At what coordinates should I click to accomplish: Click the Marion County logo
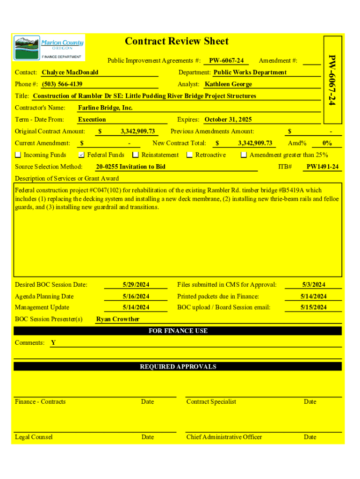click(49, 47)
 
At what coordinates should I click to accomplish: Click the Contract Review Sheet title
click(177, 41)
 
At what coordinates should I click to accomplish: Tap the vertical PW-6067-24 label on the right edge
click(331, 80)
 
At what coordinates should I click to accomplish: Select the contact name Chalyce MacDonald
click(70, 73)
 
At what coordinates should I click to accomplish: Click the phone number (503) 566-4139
click(62, 84)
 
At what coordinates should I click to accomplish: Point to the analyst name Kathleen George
click(228, 84)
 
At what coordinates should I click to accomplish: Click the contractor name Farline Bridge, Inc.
click(106, 108)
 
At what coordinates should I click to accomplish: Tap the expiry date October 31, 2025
click(228, 119)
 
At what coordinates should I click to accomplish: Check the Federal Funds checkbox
click(81, 155)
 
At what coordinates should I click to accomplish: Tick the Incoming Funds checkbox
click(18, 155)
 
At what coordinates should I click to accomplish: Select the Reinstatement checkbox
click(136, 155)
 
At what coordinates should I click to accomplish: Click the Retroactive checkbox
click(190, 155)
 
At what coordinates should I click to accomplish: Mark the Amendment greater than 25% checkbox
click(244, 155)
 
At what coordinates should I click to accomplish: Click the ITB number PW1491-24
click(323, 167)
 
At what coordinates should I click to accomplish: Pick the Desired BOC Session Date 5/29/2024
click(136, 284)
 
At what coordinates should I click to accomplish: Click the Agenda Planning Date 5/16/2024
click(136, 296)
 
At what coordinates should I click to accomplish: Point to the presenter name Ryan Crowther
click(118, 319)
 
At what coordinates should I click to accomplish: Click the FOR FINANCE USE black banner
click(178, 331)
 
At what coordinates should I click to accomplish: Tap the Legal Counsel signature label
click(34, 437)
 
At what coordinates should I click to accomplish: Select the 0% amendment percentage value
click(327, 143)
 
